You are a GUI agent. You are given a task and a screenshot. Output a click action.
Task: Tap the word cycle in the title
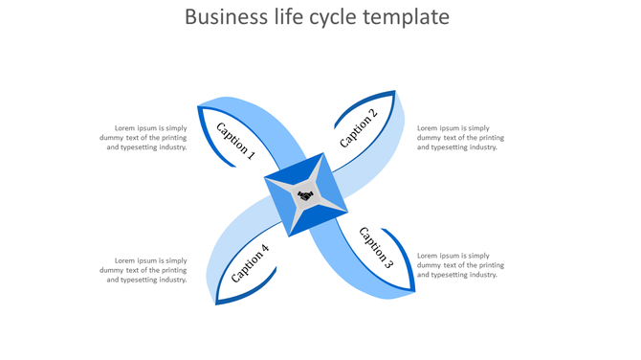[349, 17]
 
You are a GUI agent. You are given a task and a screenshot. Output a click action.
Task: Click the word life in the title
[293, 17]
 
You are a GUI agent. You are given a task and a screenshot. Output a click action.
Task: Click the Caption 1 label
[235, 139]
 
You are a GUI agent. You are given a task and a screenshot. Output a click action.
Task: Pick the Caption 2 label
[359, 128]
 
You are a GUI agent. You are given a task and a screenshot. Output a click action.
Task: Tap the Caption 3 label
[376, 246]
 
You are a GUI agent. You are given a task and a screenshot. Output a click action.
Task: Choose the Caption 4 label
[251, 263]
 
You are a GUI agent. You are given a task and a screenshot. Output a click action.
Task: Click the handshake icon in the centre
[305, 195]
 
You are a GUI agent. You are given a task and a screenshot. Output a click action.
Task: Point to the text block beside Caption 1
[144, 138]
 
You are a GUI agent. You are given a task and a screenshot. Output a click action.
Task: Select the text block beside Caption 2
[460, 138]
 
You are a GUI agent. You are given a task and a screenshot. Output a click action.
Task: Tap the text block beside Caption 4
[144, 270]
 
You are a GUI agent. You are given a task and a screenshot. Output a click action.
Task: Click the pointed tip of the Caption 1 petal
[198, 107]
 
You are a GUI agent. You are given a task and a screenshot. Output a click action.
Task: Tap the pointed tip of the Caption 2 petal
[395, 92]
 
